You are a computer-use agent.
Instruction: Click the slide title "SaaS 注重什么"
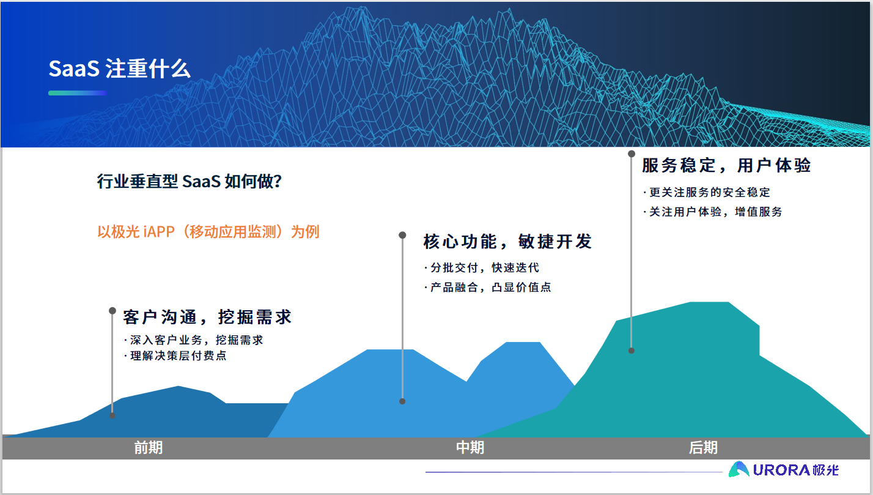click(119, 69)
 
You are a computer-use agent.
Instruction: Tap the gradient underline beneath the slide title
click(78, 93)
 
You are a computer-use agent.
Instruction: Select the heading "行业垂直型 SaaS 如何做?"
click(189, 182)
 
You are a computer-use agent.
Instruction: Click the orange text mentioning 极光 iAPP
click(208, 232)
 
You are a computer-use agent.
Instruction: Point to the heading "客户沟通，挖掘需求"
click(207, 317)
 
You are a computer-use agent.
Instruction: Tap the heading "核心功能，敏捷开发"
click(507, 242)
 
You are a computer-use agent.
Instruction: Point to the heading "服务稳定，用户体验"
click(726, 165)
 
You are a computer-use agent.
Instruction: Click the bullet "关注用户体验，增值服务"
click(712, 212)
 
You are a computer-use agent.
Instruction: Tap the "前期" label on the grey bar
click(149, 447)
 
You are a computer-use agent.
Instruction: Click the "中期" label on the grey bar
click(470, 447)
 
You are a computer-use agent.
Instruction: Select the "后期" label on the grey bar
click(703, 447)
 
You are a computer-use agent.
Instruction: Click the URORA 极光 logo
click(784, 469)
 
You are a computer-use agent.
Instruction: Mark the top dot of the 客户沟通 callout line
click(112, 311)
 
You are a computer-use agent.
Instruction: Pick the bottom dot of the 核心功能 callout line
click(402, 401)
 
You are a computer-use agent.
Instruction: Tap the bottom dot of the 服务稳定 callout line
click(632, 351)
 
